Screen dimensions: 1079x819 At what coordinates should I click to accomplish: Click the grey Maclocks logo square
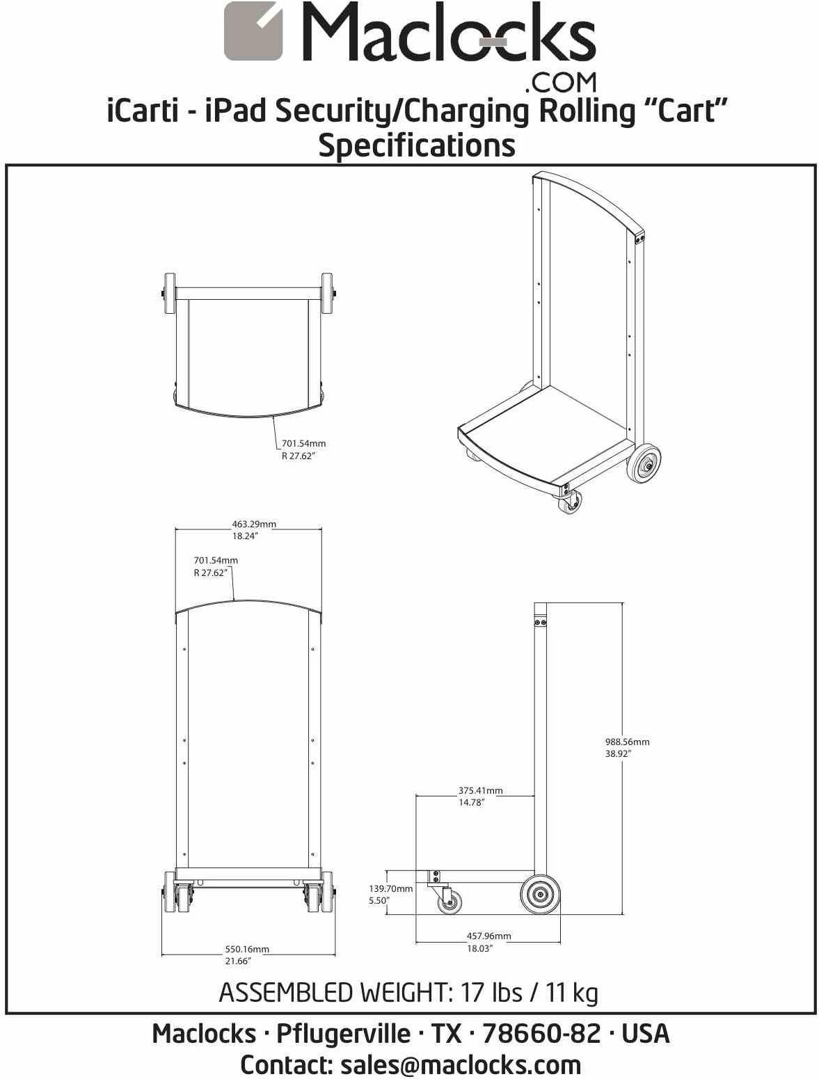tap(253, 31)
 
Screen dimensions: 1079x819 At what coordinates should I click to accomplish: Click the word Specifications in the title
tap(416, 145)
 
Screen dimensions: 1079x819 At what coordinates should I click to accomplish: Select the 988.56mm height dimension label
tap(627, 747)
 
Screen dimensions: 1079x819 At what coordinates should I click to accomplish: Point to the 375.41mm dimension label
tap(480, 796)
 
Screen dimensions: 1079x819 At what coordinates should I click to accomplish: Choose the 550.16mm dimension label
tap(246, 954)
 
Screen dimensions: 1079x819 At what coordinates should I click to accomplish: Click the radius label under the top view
tap(303, 449)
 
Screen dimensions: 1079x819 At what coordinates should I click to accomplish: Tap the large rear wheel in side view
tap(540, 895)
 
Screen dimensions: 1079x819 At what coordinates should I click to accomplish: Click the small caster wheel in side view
tap(449, 903)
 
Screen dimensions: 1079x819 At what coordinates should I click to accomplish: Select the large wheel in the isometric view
tap(644, 463)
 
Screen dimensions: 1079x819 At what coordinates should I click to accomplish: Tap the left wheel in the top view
tap(169, 294)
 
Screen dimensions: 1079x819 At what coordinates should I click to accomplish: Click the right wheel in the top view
tap(327, 294)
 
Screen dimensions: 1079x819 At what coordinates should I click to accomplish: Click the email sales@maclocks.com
tap(460, 1064)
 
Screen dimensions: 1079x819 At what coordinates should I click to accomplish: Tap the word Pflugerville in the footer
tap(343, 1033)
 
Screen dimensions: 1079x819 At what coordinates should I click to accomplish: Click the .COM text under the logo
tap(560, 83)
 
